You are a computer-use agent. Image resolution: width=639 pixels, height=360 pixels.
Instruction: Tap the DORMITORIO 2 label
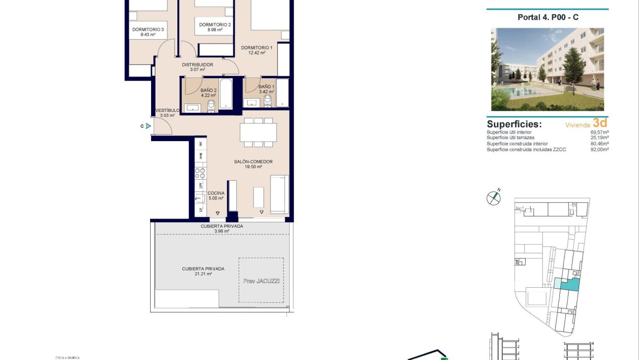(x=215, y=25)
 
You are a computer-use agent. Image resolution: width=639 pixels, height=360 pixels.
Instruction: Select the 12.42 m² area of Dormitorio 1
(x=257, y=53)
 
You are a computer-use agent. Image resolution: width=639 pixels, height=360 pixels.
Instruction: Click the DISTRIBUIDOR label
(x=197, y=65)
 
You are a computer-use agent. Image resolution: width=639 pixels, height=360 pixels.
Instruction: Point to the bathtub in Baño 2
(x=225, y=94)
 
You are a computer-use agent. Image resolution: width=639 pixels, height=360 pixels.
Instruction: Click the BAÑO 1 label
(x=266, y=87)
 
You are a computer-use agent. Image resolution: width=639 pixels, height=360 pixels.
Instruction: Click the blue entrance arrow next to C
(x=148, y=126)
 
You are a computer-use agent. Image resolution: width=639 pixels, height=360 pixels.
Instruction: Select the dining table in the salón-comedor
(x=258, y=133)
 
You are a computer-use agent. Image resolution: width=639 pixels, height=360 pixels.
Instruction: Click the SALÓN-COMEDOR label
(x=254, y=162)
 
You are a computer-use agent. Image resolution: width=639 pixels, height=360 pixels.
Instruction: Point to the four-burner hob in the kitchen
(x=200, y=173)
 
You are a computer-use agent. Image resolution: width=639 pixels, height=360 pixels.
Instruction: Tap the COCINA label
(x=216, y=193)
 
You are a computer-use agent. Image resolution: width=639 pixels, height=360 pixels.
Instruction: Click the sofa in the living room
(x=279, y=194)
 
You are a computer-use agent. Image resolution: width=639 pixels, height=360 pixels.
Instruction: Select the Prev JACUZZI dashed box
(x=261, y=280)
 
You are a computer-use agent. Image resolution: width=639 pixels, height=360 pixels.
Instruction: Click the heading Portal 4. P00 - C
(x=547, y=17)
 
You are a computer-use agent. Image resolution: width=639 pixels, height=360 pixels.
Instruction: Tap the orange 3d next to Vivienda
(x=599, y=123)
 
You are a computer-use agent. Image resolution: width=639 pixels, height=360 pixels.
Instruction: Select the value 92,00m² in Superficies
(x=599, y=149)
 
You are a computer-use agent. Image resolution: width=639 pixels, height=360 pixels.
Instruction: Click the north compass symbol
(x=494, y=198)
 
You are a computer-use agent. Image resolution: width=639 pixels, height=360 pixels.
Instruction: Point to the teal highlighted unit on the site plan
(x=570, y=285)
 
